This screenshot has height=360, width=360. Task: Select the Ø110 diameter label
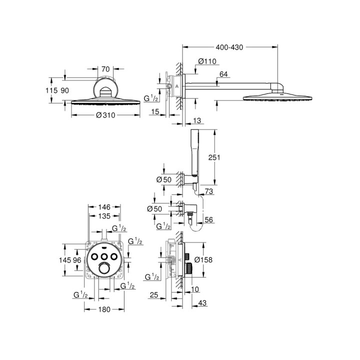coord(206,61)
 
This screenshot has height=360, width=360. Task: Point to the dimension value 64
coord(223,74)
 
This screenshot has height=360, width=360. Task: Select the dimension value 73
coord(209,192)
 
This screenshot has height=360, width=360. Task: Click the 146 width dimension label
coord(104,206)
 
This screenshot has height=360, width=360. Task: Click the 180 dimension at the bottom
coord(104,310)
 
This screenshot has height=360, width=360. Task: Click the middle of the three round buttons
coord(104,256)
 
